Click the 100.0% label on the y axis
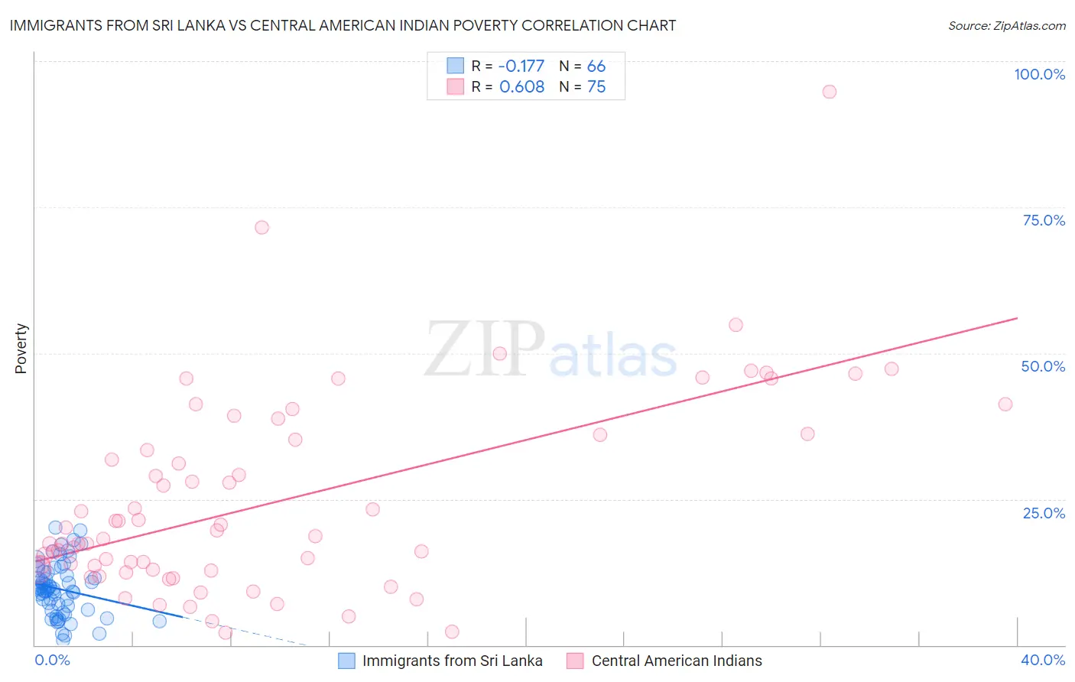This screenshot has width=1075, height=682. pyautogui.click(x=1039, y=74)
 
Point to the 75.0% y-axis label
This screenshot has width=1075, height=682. pyautogui.click(x=1044, y=220)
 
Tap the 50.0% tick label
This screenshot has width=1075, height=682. pyautogui.click(x=1043, y=366)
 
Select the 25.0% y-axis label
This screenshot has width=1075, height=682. pyautogui.click(x=1044, y=513)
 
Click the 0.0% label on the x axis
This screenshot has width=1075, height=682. pyautogui.click(x=52, y=660)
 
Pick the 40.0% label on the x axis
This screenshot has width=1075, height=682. pyautogui.click(x=1043, y=660)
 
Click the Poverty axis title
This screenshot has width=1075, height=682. pyautogui.click(x=21, y=349)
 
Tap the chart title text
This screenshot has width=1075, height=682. pyautogui.click(x=343, y=25)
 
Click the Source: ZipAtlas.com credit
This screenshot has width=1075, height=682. pyautogui.click(x=1006, y=26)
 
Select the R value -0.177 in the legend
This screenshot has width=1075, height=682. pyautogui.click(x=521, y=66)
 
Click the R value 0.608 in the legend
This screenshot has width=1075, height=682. pyautogui.click(x=521, y=86)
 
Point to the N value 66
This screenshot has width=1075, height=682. pyautogui.click(x=596, y=66)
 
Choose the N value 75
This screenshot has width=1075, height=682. pyautogui.click(x=596, y=86)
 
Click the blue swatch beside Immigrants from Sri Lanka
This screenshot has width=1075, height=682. pyautogui.click(x=346, y=661)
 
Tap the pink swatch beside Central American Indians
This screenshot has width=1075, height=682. pyautogui.click(x=575, y=661)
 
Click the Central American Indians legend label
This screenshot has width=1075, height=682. pyautogui.click(x=677, y=661)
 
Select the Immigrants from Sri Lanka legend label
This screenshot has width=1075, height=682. pyautogui.click(x=452, y=661)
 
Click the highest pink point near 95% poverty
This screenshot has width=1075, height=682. pyautogui.click(x=830, y=92)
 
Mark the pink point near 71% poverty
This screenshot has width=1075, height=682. pyautogui.click(x=261, y=227)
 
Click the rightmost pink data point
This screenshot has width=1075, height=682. pyautogui.click(x=1005, y=404)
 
